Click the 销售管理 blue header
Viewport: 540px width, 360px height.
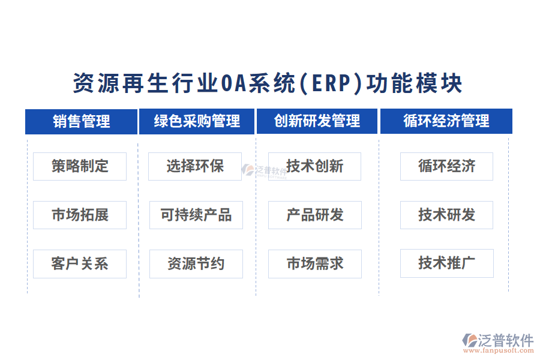point(81,121)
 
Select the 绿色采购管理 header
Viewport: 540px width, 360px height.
point(197,121)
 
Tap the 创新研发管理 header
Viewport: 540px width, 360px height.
point(317,121)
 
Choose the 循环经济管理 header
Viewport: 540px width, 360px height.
point(446,121)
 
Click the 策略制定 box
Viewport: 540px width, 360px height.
point(80,166)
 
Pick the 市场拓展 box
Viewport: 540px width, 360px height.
point(80,215)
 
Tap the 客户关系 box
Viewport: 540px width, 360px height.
point(80,263)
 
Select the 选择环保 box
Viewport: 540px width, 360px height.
point(195,166)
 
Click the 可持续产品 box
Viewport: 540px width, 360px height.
point(196,215)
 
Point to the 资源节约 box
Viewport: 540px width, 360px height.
point(196,263)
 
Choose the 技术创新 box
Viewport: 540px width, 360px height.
point(314,166)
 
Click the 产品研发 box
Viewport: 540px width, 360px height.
point(314,215)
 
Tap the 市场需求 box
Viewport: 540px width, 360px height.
point(314,263)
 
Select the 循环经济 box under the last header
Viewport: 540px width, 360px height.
point(446,166)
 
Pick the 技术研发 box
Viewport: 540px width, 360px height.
point(446,215)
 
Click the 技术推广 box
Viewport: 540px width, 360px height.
point(446,263)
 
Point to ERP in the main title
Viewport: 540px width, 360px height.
point(331,84)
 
